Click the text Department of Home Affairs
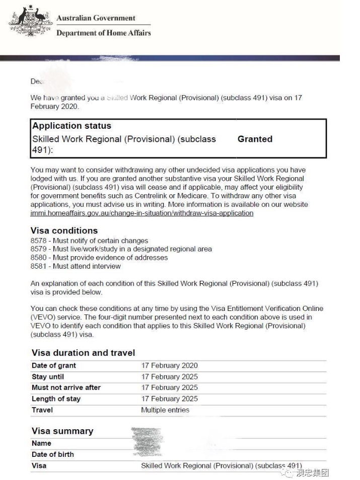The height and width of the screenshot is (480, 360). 103,33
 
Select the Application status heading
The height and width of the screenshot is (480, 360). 71,126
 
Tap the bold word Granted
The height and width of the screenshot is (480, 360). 255,139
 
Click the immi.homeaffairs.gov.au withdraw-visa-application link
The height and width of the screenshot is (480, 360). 141,213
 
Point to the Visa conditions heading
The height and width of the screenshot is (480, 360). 64,230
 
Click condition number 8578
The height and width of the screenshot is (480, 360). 38,241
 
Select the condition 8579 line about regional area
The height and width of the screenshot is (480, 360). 121,249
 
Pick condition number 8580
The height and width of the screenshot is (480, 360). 38,258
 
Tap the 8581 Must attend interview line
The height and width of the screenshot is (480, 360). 76,266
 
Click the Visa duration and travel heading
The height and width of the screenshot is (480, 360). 83,353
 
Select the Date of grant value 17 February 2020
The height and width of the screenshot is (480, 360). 169,366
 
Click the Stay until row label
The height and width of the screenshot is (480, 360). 48,377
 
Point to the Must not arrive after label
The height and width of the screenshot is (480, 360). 66,387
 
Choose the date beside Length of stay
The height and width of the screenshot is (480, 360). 169,399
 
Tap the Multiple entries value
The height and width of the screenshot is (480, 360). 165,410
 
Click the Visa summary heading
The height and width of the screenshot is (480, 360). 62,431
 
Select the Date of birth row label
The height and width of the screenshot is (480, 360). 52,454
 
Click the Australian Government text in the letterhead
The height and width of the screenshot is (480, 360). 96,18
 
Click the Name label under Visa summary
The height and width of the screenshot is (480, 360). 41,443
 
